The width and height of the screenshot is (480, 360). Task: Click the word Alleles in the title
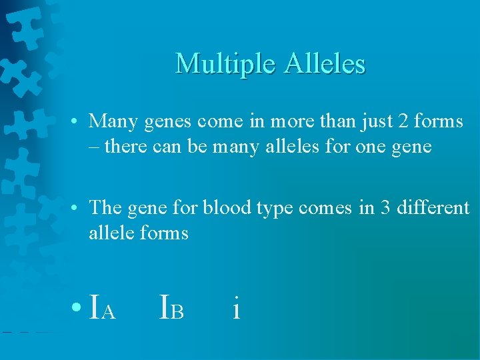(x=325, y=64)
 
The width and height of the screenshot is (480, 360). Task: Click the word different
(x=433, y=208)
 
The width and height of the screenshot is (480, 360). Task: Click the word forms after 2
(x=437, y=121)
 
